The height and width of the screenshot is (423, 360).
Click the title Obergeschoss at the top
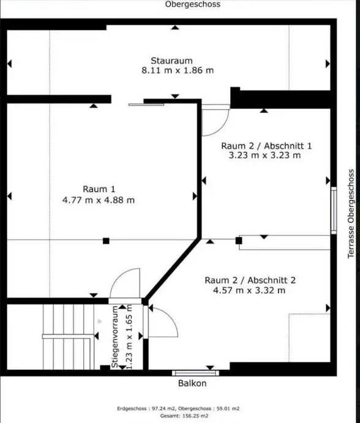click(192, 4)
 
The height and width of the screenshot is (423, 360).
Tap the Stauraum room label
click(172, 60)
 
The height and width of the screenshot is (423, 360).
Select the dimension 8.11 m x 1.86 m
click(178, 70)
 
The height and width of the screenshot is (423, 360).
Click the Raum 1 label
click(99, 189)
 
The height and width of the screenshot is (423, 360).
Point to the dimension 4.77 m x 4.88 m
click(99, 200)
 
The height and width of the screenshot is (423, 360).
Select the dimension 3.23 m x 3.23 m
click(261, 155)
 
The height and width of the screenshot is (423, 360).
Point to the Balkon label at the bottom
click(192, 384)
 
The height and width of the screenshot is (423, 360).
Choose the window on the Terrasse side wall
click(334, 210)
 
